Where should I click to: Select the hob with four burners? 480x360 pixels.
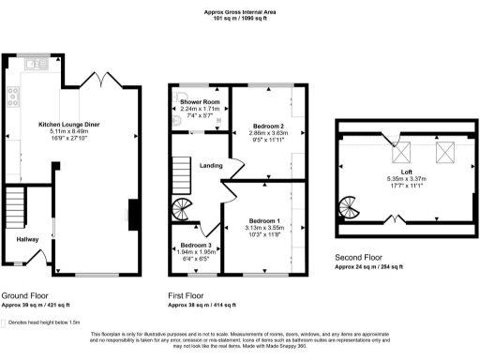[x=14, y=94]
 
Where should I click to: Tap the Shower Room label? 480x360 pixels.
[x=199, y=101]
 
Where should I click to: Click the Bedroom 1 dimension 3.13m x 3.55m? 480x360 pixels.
[x=258, y=226]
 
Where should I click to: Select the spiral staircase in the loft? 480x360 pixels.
[x=348, y=206]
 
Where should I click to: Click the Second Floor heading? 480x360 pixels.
[x=360, y=257]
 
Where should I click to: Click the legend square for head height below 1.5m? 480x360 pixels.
[x=5, y=322]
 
